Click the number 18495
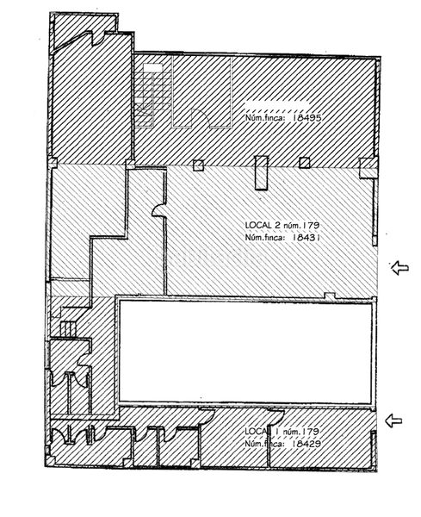point(306,117)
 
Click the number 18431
point(306,237)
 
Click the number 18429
point(306,444)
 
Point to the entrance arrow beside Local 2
point(400,267)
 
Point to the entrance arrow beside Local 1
point(393,420)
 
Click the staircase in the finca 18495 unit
point(153,95)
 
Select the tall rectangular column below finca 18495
point(261,172)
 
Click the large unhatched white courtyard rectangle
point(245,352)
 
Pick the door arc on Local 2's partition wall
point(158,210)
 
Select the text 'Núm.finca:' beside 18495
point(265,118)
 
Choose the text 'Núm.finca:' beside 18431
point(265,238)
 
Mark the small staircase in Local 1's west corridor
point(68,329)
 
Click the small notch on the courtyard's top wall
point(330,296)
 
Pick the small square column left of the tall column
point(198,165)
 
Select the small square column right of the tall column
point(305,163)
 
